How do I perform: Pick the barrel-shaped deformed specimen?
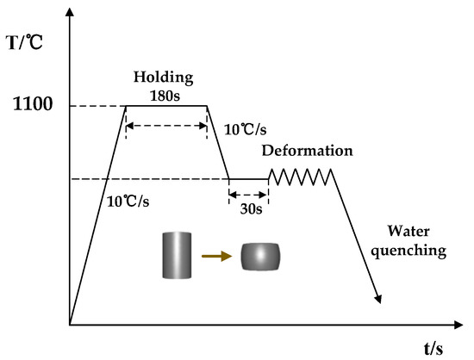coord(260,256)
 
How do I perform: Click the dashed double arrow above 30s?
coord(248,195)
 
